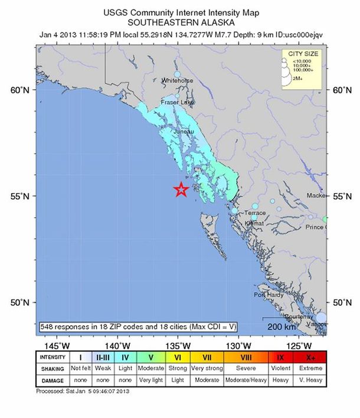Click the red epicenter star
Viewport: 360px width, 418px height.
point(181,189)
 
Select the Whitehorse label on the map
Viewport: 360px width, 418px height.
point(176,80)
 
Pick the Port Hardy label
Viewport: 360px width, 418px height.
point(269,295)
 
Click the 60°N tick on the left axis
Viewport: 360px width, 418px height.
point(19,90)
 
